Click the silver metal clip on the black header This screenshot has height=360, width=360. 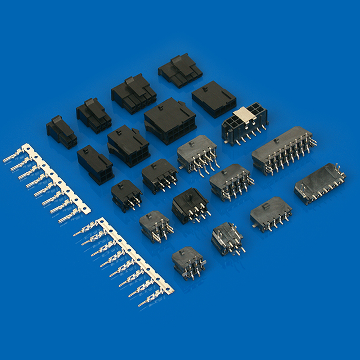click(x=243, y=116)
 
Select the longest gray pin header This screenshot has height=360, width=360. click(x=283, y=148)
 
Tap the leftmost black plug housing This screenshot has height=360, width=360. click(x=61, y=132)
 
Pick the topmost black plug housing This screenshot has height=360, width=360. click(x=180, y=71)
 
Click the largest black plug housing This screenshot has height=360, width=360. click(x=170, y=121)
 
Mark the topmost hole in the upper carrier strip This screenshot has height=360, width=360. click(x=28, y=148)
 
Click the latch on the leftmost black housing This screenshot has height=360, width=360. click(x=57, y=120)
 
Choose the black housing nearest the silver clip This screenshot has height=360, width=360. click(x=214, y=99)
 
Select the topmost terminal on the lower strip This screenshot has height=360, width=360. click(x=83, y=231)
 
